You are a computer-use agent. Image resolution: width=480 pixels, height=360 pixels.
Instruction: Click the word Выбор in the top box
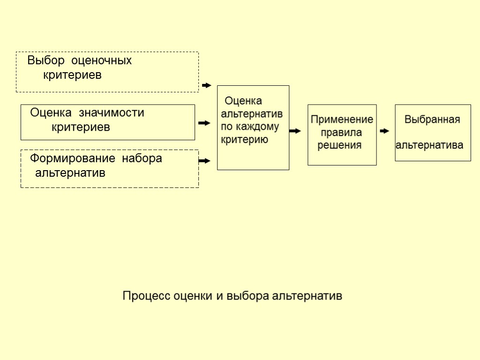click(45, 60)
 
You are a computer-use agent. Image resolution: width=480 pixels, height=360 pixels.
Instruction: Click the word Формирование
click(73, 158)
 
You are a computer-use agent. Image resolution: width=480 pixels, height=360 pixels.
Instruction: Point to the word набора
click(142, 158)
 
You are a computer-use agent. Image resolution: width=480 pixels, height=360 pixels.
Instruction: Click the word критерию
click(244, 139)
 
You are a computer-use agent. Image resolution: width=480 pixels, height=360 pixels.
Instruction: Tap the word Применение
click(342, 120)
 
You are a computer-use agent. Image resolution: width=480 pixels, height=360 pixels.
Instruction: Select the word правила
click(341, 133)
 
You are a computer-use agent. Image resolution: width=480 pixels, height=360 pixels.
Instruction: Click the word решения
click(339, 145)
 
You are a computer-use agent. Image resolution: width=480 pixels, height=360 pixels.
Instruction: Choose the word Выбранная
click(432, 120)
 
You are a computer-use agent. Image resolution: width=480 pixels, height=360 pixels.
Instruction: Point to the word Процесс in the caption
click(146, 296)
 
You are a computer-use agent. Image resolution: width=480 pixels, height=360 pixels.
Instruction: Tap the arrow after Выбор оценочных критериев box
click(206, 85)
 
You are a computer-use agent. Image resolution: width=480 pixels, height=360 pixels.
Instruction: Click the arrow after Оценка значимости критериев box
click(204, 123)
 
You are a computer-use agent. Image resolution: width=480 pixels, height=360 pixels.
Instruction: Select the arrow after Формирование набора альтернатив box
click(204, 161)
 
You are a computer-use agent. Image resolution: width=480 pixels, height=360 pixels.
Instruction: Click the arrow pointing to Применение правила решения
click(295, 131)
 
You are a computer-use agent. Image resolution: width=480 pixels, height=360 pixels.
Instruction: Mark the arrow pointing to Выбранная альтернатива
click(384, 131)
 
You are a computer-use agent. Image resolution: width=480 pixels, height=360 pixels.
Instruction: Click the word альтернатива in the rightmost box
click(429, 145)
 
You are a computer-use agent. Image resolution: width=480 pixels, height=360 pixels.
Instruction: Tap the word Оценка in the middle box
click(243, 101)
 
